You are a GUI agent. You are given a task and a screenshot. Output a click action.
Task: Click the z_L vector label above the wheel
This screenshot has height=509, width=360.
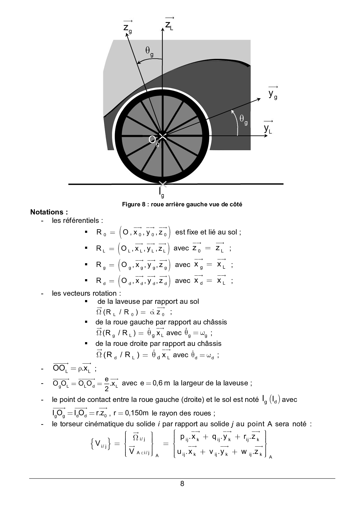(169, 24)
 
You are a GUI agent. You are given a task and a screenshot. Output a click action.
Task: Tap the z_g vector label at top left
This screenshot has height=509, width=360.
(127, 28)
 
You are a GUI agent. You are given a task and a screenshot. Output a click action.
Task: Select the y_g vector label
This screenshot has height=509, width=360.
(273, 94)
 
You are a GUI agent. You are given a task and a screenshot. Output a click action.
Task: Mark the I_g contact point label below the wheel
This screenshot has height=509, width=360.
(161, 192)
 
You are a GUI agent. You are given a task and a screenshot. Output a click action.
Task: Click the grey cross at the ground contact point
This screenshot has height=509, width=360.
(163, 184)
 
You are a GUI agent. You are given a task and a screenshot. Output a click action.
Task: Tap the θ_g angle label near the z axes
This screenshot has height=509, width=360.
(150, 51)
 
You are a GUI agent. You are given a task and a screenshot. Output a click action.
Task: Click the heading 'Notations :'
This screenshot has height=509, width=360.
(49, 212)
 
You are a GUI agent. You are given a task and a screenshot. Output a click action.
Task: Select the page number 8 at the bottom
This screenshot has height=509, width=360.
(182, 483)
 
